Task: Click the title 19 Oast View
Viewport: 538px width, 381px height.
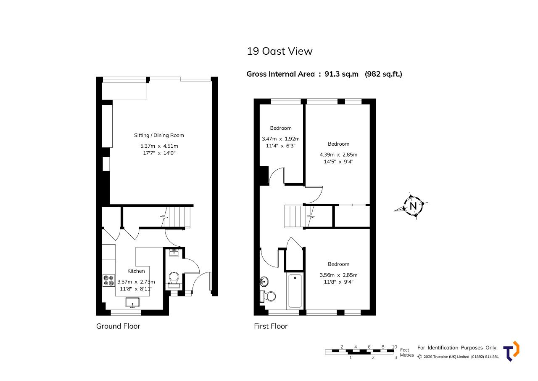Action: point(280,51)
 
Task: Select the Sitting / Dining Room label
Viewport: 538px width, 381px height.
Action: point(159,136)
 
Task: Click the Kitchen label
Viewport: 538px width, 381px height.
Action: point(136,271)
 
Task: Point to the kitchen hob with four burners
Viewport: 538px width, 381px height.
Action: point(109,280)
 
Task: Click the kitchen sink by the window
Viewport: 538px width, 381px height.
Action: point(132,302)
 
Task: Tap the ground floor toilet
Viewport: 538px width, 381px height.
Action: point(174,280)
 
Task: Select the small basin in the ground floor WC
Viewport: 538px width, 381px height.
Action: point(174,253)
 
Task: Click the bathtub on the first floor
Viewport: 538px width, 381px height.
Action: point(295,291)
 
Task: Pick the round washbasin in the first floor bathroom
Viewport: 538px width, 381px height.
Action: point(264,282)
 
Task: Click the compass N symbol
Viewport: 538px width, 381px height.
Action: point(413,206)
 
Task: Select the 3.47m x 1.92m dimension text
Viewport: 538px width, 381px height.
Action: point(280,139)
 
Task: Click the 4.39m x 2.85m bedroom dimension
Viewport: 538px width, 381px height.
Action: point(338,155)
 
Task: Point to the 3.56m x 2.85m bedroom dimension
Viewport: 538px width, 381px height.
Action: point(338,275)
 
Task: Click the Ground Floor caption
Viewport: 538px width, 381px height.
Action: point(118,326)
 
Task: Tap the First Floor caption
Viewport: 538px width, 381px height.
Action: point(271,326)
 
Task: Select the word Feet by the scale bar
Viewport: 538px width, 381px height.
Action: point(404,350)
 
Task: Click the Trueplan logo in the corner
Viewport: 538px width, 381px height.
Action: point(511,351)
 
